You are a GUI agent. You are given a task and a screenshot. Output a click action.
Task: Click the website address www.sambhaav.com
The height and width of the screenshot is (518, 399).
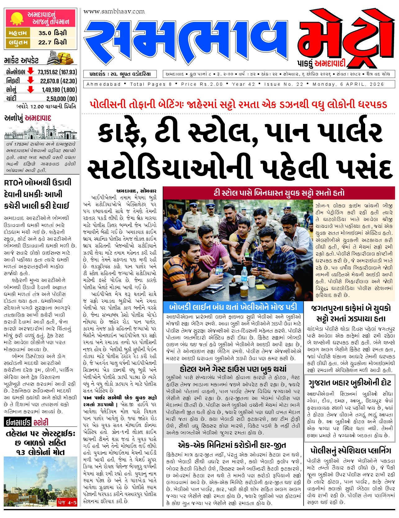click(x=114, y=11)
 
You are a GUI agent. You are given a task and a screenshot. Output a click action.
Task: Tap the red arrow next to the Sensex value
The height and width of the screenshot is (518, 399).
click(x=30, y=71)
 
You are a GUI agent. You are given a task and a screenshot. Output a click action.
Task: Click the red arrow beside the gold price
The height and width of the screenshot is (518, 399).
click(x=30, y=90)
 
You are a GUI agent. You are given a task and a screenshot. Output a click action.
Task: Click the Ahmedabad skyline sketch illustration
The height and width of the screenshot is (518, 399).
click(x=41, y=132)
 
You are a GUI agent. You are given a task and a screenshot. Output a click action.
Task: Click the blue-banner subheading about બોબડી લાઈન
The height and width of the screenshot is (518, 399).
click(x=233, y=307)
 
